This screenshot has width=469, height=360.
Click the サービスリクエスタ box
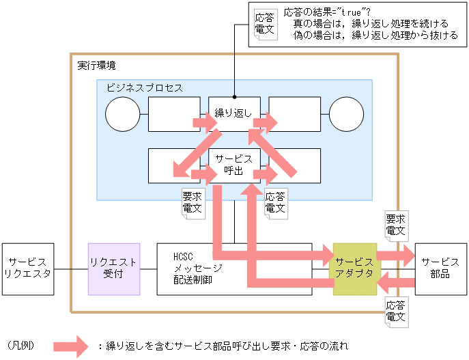tap(27, 268)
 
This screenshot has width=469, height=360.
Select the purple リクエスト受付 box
tap(114, 268)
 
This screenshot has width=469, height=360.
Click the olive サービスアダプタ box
tap(354, 268)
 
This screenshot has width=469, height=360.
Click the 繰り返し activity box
tap(234, 113)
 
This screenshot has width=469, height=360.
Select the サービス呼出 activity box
tap(234, 165)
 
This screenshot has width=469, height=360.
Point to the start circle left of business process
tap(123, 113)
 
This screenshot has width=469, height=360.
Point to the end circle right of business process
tap(346, 113)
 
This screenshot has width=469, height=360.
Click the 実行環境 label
tap(96, 66)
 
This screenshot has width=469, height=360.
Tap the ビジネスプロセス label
tap(144, 88)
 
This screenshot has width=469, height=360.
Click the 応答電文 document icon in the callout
tap(264, 25)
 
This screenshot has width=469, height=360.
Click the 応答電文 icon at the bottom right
tap(396, 311)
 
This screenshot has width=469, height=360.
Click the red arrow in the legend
tap(71, 346)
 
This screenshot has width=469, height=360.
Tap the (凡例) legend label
tap(20, 346)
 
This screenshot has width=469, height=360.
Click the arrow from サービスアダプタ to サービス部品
tap(395, 256)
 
